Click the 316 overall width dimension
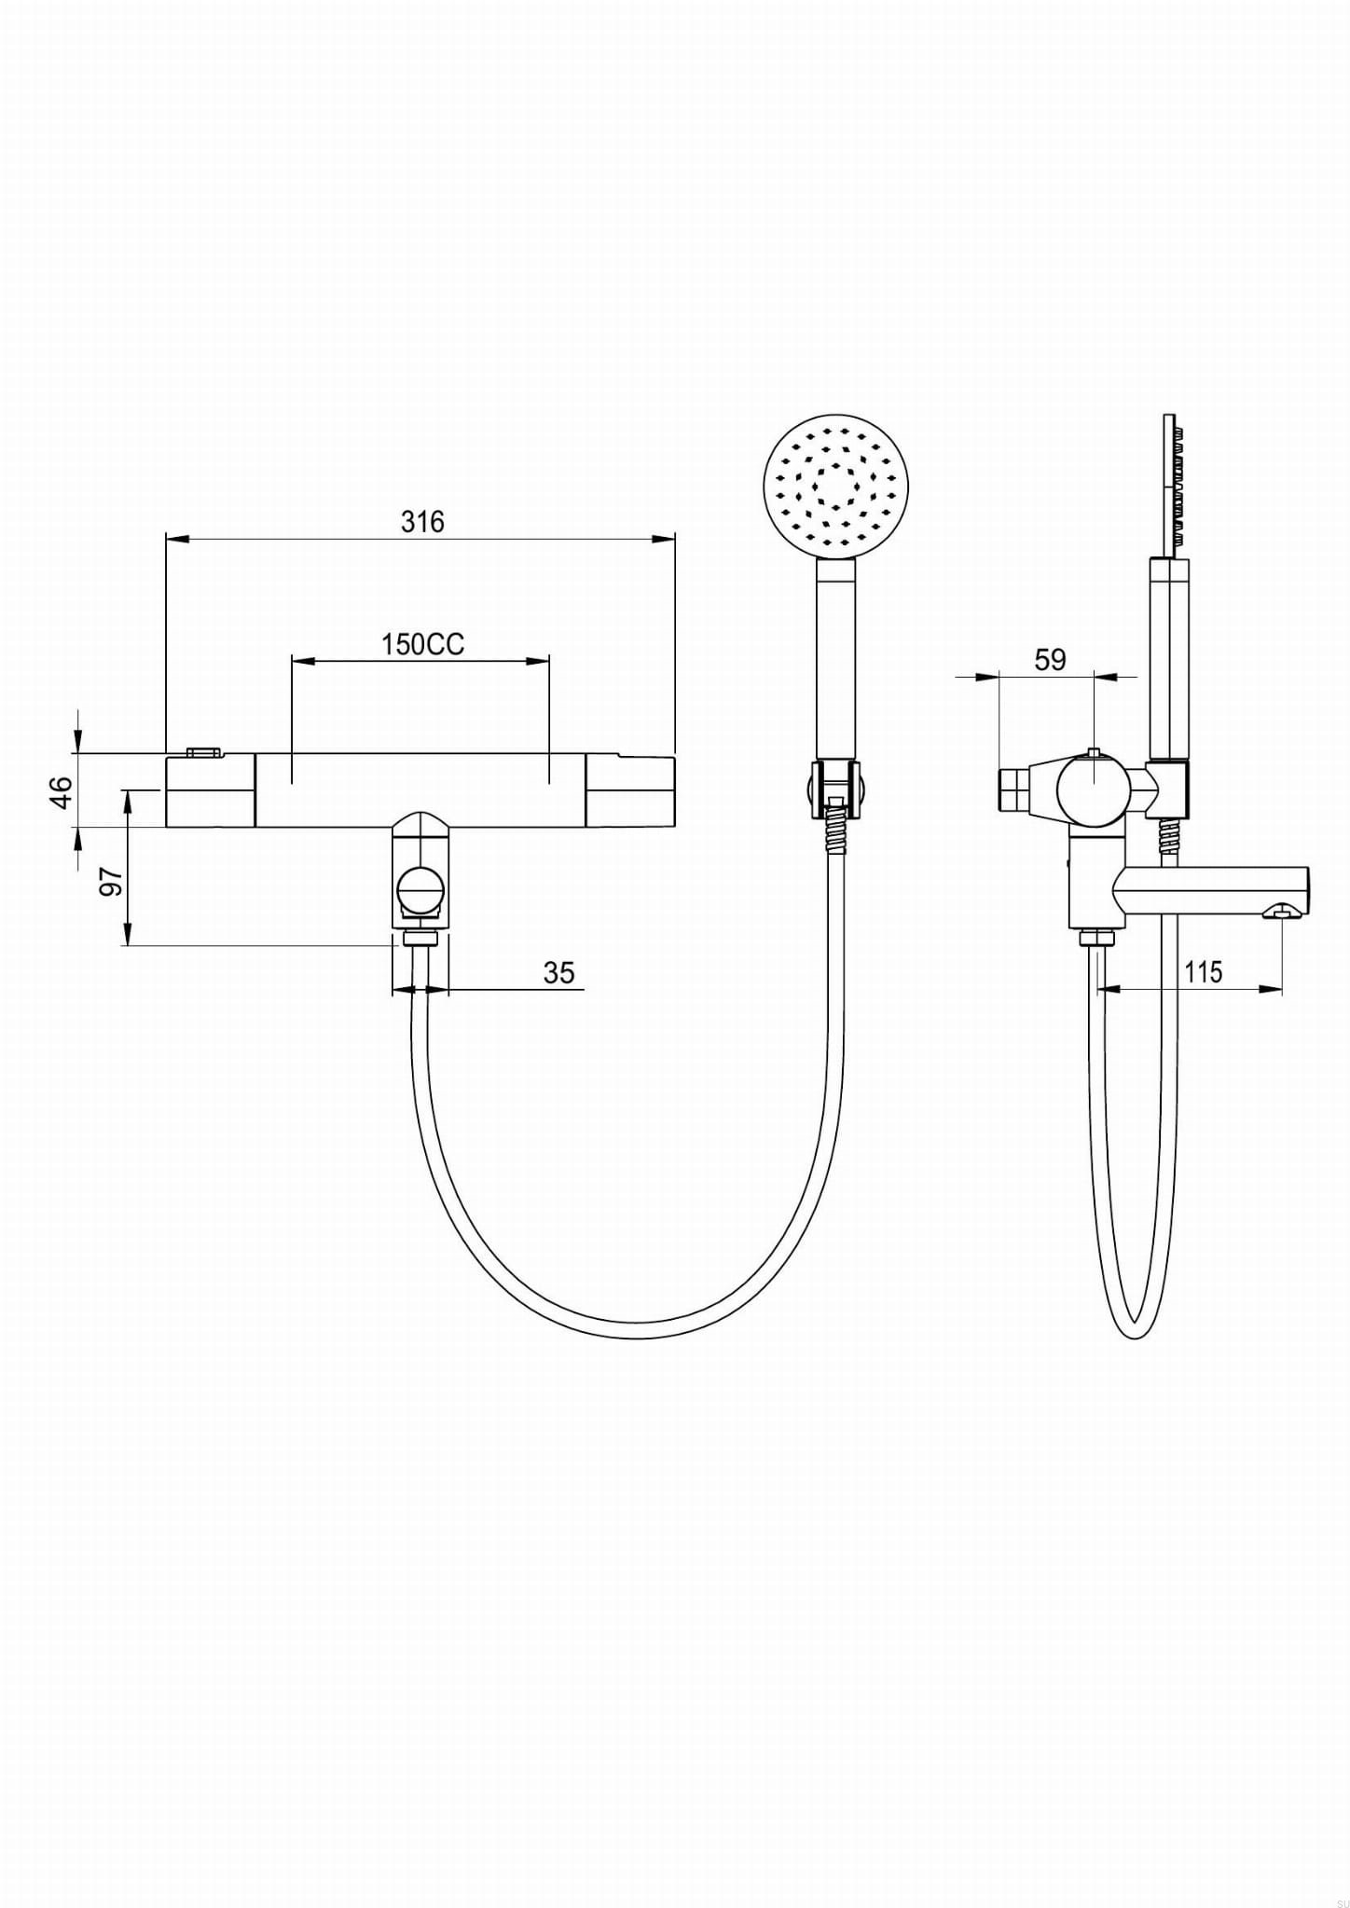tap(422, 522)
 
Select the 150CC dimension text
tap(421, 644)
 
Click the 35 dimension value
tap(558, 972)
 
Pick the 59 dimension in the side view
tap(1050, 660)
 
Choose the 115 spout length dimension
tap(1203, 972)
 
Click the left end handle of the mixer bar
tap(210, 790)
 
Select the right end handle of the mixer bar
tap(630, 790)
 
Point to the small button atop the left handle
tap(203, 750)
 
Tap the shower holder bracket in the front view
tap(836, 785)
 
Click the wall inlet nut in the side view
tap(1013, 790)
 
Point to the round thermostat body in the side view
tap(1095, 790)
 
